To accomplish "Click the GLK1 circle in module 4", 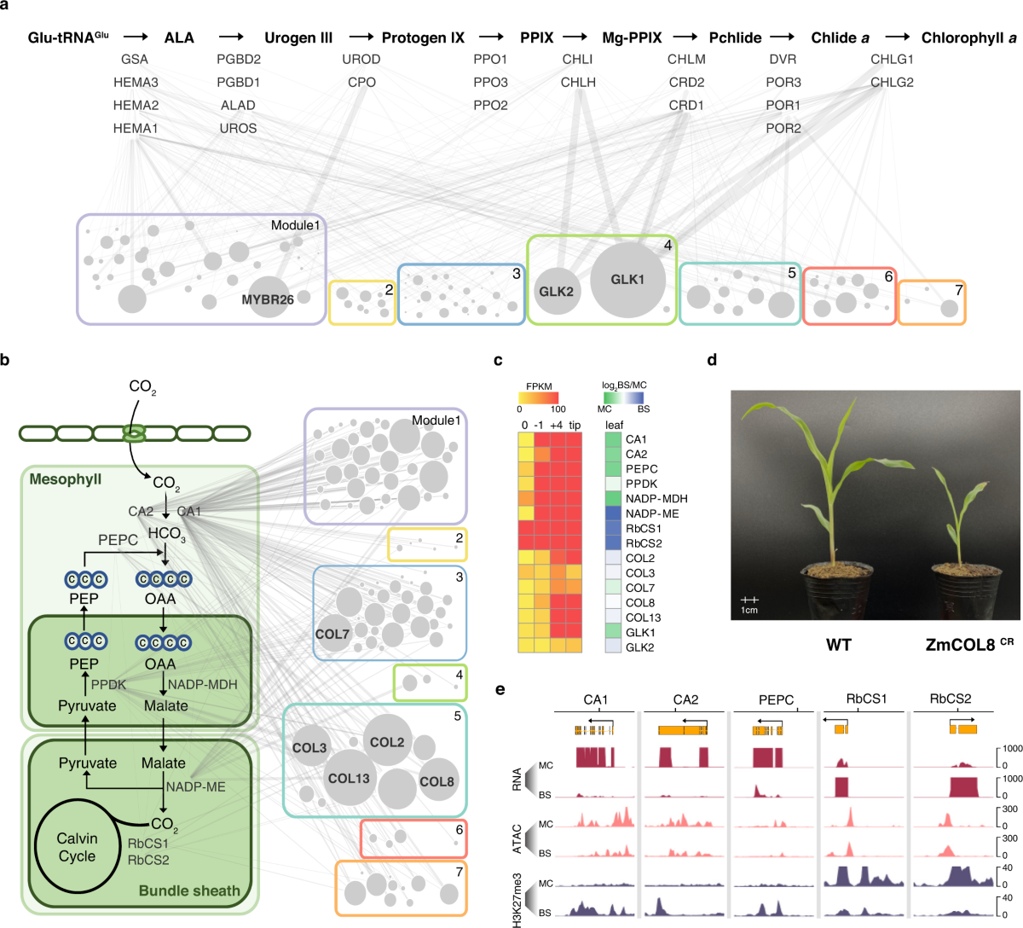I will pyautogui.click(x=628, y=280).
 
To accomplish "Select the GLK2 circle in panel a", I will pyautogui.click(x=556, y=292).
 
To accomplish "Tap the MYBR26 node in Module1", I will pyautogui.click(x=268, y=299).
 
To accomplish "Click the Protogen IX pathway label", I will pyautogui.click(x=423, y=38).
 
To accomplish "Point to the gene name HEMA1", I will pyautogui.click(x=136, y=128).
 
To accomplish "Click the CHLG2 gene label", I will pyautogui.click(x=892, y=82).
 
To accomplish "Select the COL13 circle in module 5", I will pyautogui.click(x=349, y=778).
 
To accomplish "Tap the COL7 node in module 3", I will pyautogui.click(x=332, y=634).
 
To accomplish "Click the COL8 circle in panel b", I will pyautogui.click(x=436, y=781).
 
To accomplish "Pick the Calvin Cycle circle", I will pyautogui.click(x=77, y=847).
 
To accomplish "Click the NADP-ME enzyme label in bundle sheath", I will pyautogui.click(x=195, y=786).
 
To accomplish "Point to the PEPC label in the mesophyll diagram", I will pyautogui.click(x=118, y=540).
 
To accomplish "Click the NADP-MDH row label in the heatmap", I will pyautogui.click(x=656, y=499).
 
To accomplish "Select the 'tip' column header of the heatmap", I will pyautogui.click(x=575, y=426).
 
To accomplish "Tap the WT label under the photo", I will pyautogui.click(x=838, y=645).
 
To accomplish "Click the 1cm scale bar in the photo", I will pyautogui.click(x=749, y=601).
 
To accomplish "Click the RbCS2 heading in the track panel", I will pyautogui.click(x=951, y=699).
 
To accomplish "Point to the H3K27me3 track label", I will pyautogui.click(x=517, y=900).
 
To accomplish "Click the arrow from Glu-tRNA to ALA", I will pyautogui.click(x=136, y=38).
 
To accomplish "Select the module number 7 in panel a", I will pyautogui.click(x=958, y=291).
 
